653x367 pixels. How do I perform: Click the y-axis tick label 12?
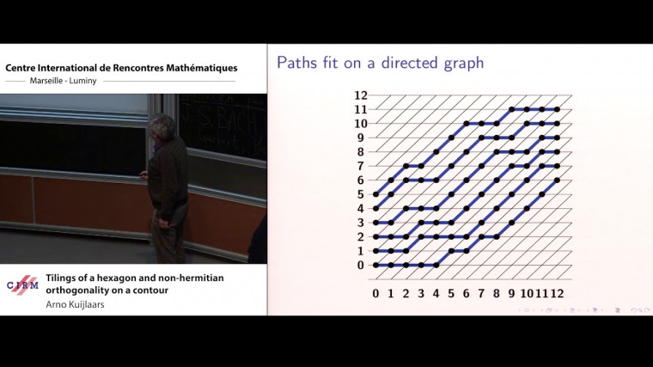pyautogui.click(x=361, y=95)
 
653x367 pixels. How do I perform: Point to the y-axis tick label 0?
pyautogui.click(x=361, y=265)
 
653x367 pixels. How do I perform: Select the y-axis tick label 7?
pyautogui.click(x=361, y=166)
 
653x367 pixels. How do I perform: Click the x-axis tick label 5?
pyautogui.click(x=451, y=293)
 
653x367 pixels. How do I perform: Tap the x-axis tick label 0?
pyautogui.click(x=375, y=293)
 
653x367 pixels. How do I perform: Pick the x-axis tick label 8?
pyautogui.click(x=496, y=293)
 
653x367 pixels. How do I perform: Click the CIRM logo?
pyautogui.click(x=22, y=285)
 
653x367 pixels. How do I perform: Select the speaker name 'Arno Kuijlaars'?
pyautogui.click(x=75, y=304)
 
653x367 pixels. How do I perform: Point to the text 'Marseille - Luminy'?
pyautogui.click(x=64, y=81)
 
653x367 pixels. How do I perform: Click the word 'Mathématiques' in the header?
pyautogui.click(x=202, y=68)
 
